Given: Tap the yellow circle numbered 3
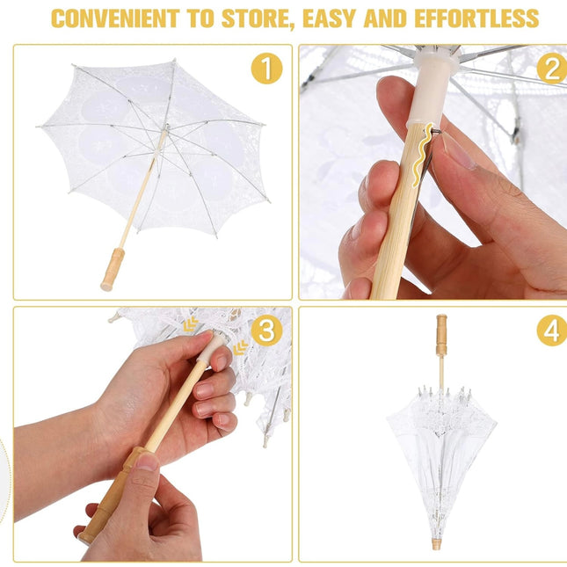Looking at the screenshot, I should [x=266, y=330].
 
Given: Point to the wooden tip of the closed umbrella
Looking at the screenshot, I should [x=436, y=544].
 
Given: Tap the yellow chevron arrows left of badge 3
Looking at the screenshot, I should [x=190, y=324].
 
